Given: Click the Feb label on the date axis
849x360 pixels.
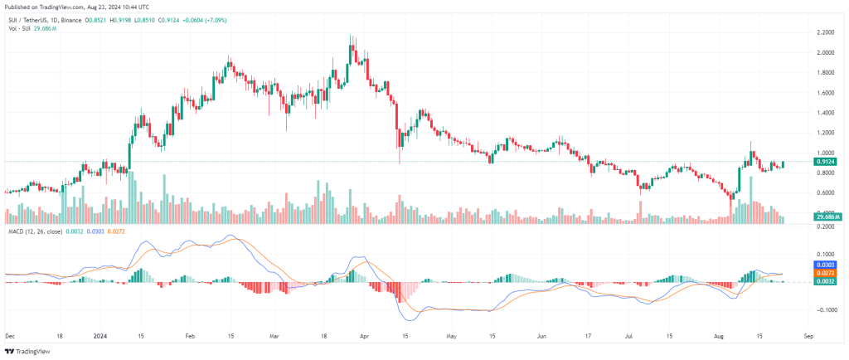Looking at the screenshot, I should click(x=190, y=338).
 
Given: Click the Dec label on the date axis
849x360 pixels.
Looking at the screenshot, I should click(x=9, y=338).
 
